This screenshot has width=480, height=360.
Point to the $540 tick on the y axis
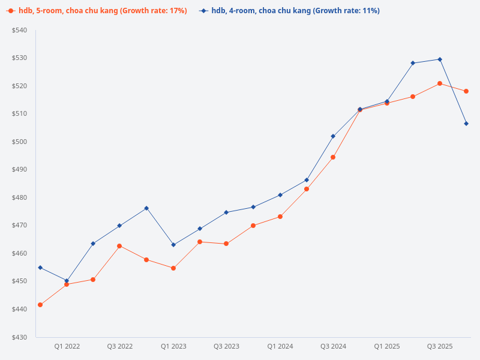[x=19, y=30]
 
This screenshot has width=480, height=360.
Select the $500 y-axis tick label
[x=19, y=142]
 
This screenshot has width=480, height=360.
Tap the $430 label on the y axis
[x=19, y=337]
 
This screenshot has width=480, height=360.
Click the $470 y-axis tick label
[x=19, y=226]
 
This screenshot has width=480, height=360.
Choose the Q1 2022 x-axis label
[x=67, y=346]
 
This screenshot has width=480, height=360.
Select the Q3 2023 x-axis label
[x=226, y=346]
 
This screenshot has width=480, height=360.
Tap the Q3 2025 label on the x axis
[x=440, y=346]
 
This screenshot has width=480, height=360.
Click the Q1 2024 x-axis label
[x=280, y=346]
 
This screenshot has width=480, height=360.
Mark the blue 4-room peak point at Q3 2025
[x=440, y=59]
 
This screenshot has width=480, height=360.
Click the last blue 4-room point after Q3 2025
[x=466, y=124]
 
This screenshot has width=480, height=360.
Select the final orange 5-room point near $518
[x=466, y=91]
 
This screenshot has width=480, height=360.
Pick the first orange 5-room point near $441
[x=40, y=305]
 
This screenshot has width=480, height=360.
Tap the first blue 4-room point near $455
[x=40, y=268]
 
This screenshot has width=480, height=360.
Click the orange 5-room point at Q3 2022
[x=119, y=246]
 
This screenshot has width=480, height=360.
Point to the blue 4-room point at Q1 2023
[x=173, y=245]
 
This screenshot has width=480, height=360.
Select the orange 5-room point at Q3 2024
[x=333, y=157]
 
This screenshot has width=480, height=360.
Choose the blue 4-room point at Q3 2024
[x=333, y=136]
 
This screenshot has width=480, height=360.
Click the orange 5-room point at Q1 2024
[x=280, y=217]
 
